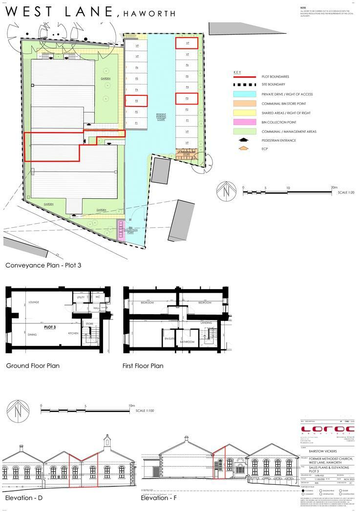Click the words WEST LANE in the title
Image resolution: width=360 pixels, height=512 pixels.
point(58,11)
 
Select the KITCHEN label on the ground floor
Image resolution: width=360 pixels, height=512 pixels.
point(74,334)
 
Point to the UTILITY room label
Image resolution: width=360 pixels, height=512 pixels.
point(81,297)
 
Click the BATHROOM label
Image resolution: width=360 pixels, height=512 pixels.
point(188,341)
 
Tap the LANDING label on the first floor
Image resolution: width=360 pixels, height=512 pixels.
point(206,322)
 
